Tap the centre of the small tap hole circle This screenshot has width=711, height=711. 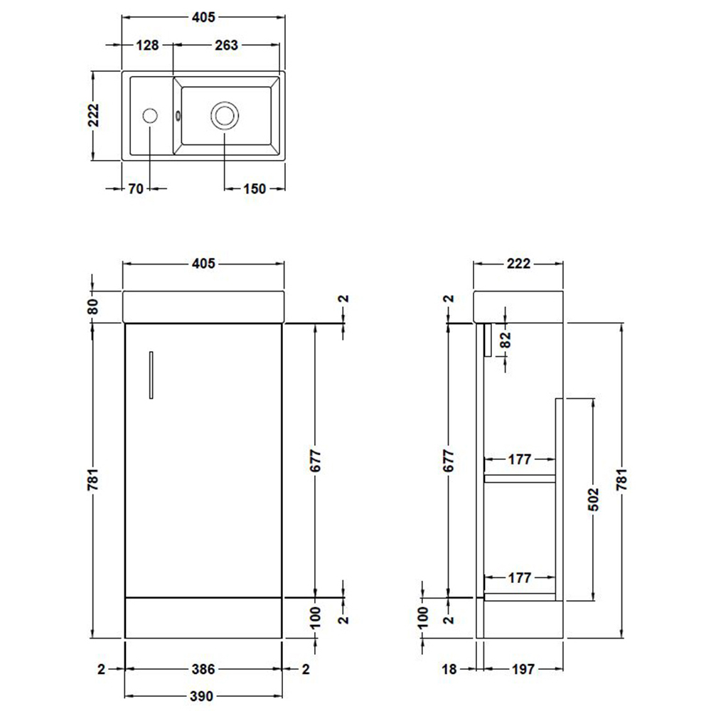pos(150,116)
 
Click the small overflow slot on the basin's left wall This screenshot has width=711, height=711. pos(177,116)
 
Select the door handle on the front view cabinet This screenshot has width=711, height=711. pos(151,375)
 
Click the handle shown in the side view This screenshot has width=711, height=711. pos(488,340)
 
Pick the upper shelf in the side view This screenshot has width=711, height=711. pos(520,479)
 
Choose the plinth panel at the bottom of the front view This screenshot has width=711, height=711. pos(203,618)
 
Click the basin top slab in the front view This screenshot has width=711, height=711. pos(203,307)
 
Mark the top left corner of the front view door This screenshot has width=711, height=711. pos(125,324)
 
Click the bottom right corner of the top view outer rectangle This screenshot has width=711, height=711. pos(285,161)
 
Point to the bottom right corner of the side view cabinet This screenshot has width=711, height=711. pos(562,638)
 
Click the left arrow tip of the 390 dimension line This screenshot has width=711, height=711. pos(124,695)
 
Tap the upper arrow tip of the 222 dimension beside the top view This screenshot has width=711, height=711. pos(94,72)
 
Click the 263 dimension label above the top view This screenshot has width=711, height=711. pos(226,46)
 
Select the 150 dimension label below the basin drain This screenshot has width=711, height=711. pos(255,188)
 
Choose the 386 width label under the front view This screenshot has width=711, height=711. pos(203,669)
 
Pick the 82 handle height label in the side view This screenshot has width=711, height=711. pos(506,340)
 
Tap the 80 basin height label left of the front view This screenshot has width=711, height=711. pos(93,307)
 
